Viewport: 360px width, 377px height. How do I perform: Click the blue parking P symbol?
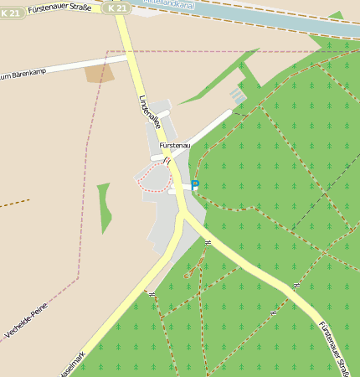(x=195, y=184)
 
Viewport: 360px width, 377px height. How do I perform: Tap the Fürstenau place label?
(x=174, y=146)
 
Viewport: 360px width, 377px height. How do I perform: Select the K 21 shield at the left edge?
(x=13, y=14)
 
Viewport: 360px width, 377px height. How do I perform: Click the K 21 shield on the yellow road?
(x=118, y=8)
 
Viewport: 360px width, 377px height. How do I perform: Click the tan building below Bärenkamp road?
(x=99, y=73)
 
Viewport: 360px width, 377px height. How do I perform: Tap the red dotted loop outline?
(x=152, y=178)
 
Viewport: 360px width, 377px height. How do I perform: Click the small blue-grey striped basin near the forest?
(x=239, y=97)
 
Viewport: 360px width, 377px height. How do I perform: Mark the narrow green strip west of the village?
(x=105, y=207)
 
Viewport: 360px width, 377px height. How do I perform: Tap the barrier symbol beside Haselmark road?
(x=152, y=293)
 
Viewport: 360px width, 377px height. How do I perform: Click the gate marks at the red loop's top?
(x=167, y=160)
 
